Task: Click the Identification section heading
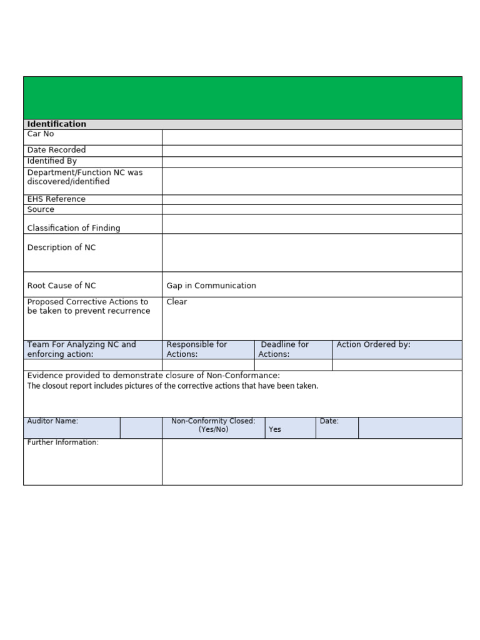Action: point(57,124)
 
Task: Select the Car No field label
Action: point(41,134)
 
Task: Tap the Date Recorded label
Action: point(56,150)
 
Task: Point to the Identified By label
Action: point(52,161)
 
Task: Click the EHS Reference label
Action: point(56,199)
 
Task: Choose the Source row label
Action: point(41,209)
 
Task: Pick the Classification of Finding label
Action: point(74,228)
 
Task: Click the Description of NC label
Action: point(61,247)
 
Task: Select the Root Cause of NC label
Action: point(61,286)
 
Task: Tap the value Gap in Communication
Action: point(211,286)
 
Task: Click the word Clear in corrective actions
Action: point(177,302)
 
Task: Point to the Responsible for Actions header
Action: point(197,349)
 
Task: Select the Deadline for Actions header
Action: point(284,349)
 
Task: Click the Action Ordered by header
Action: point(373,345)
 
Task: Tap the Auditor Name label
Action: point(52,421)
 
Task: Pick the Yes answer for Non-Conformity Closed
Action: point(275,430)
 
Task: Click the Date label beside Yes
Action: point(329,421)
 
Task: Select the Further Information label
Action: point(62,442)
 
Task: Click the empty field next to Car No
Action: point(311,137)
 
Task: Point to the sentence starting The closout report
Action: point(172,386)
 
